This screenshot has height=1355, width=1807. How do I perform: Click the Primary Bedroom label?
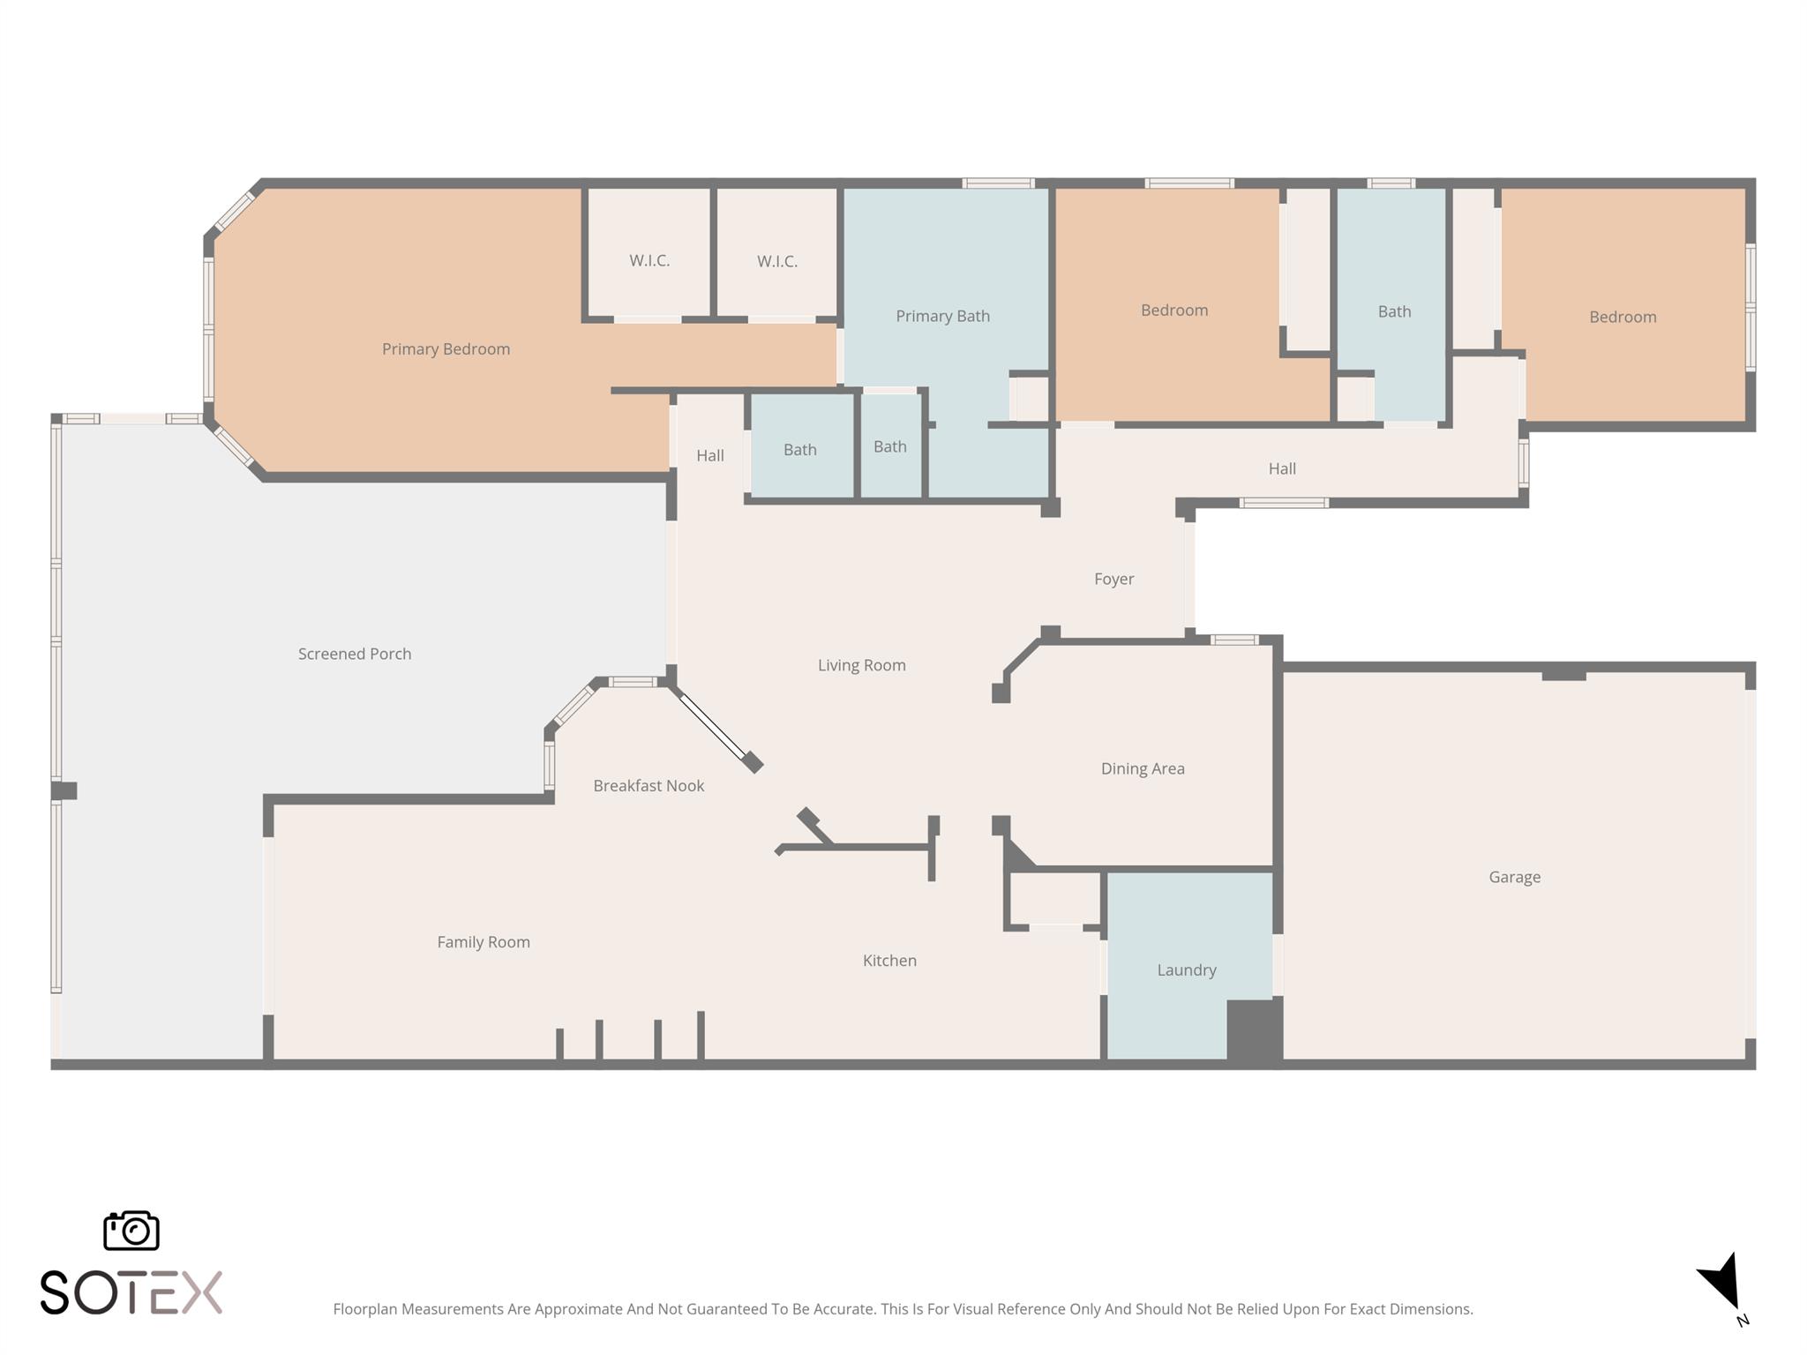(446, 349)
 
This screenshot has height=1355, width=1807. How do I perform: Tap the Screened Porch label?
(354, 654)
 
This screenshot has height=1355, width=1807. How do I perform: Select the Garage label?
(1514, 877)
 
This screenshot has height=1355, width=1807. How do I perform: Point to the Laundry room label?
(1186, 970)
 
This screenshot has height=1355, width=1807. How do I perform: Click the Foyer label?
(1113, 580)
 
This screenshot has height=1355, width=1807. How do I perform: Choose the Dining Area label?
(1142, 768)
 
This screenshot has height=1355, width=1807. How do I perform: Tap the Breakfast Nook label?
(648, 786)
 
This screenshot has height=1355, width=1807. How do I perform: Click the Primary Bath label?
(942, 316)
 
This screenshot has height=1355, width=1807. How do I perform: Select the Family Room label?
(484, 942)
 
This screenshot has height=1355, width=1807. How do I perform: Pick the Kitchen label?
(889, 961)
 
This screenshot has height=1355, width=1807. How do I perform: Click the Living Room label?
(861, 665)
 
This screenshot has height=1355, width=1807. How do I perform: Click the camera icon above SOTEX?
(131, 1231)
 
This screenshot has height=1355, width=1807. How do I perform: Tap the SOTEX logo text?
(131, 1293)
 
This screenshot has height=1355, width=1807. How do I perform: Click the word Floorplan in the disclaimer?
(364, 1309)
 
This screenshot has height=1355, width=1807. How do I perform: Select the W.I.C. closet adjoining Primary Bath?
(776, 261)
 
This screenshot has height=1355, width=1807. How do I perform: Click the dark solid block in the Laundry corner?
(1254, 1029)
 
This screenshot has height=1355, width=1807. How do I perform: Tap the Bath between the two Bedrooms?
(1394, 311)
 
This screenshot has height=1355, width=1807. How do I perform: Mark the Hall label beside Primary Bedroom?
(709, 456)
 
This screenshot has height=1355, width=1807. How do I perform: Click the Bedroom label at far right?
(1622, 317)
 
